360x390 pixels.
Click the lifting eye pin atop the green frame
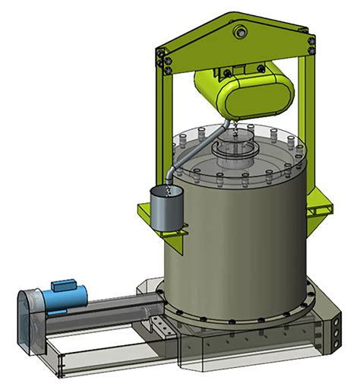coord(241,31)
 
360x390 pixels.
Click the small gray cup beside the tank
coord(165,209)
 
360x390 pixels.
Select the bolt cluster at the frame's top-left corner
coord(160,58)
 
